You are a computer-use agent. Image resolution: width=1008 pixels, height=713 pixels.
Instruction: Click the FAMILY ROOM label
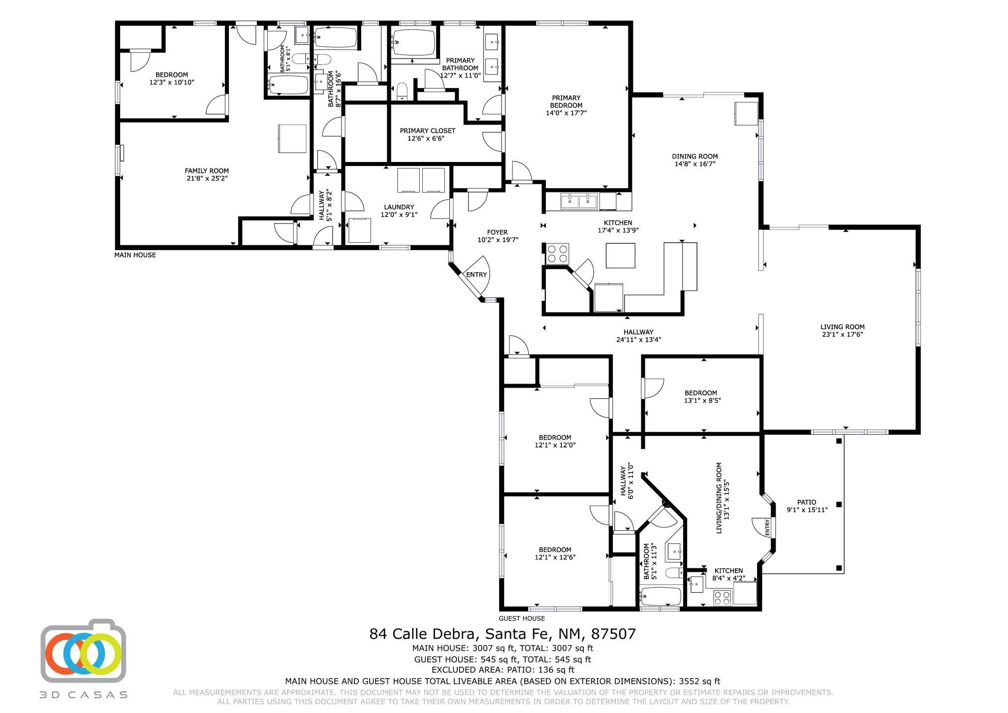coord(207,171)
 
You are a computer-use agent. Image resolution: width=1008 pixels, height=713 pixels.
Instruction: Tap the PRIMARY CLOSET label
coord(427,131)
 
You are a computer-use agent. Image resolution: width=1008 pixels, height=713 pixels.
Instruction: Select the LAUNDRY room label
coord(399,207)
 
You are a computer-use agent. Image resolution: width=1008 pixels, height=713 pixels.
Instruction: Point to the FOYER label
coord(497,232)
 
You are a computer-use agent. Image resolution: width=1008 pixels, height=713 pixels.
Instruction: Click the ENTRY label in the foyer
coord(476,275)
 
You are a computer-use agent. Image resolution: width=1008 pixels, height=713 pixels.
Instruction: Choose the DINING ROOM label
coord(694,157)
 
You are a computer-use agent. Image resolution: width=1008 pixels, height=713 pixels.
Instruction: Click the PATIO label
coord(807,502)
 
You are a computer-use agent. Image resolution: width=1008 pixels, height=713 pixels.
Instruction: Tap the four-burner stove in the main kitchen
coord(557,254)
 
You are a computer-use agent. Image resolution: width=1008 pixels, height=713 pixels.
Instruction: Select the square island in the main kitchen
coord(620,256)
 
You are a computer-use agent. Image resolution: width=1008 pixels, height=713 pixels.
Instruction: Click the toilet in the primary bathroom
coord(402,91)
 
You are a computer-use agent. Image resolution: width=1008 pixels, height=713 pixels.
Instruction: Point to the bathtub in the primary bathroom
coord(414,43)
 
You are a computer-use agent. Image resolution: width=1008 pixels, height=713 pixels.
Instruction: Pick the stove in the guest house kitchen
coord(722,598)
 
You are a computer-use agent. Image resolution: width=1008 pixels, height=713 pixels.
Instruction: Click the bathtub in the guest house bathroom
coord(661,597)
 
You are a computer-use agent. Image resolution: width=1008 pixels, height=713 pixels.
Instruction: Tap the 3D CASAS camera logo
coord(83,650)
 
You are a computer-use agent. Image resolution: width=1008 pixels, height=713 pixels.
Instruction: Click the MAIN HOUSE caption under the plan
coord(135,255)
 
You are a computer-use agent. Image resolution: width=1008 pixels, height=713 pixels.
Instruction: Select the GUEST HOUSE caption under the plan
coord(522,618)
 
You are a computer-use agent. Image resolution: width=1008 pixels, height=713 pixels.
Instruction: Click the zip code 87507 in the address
coord(613,634)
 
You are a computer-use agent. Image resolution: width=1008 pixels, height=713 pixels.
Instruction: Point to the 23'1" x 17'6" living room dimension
coord(842,334)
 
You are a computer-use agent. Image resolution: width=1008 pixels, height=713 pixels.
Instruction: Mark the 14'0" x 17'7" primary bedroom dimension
coord(566,113)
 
